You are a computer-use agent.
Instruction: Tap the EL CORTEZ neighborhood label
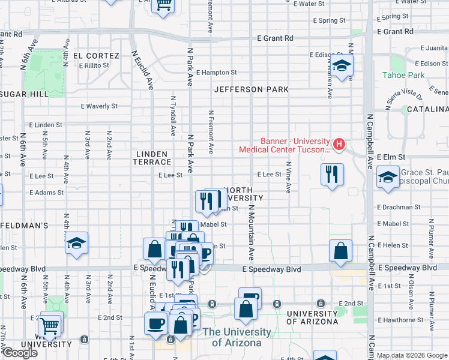click(x=95, y=55)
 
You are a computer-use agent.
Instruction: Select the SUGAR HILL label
click(x=25, y=94)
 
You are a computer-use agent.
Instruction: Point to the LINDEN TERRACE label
click(x=152, y=158)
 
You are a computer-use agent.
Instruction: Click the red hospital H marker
click(x=339, y=144)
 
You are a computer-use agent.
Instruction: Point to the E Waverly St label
click(x=99, y=106)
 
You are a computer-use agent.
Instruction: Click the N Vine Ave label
click(x=289, y=177)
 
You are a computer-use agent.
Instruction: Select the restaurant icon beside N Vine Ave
click(x=332, y=174)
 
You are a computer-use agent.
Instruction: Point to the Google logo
click(x=20, y=353)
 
